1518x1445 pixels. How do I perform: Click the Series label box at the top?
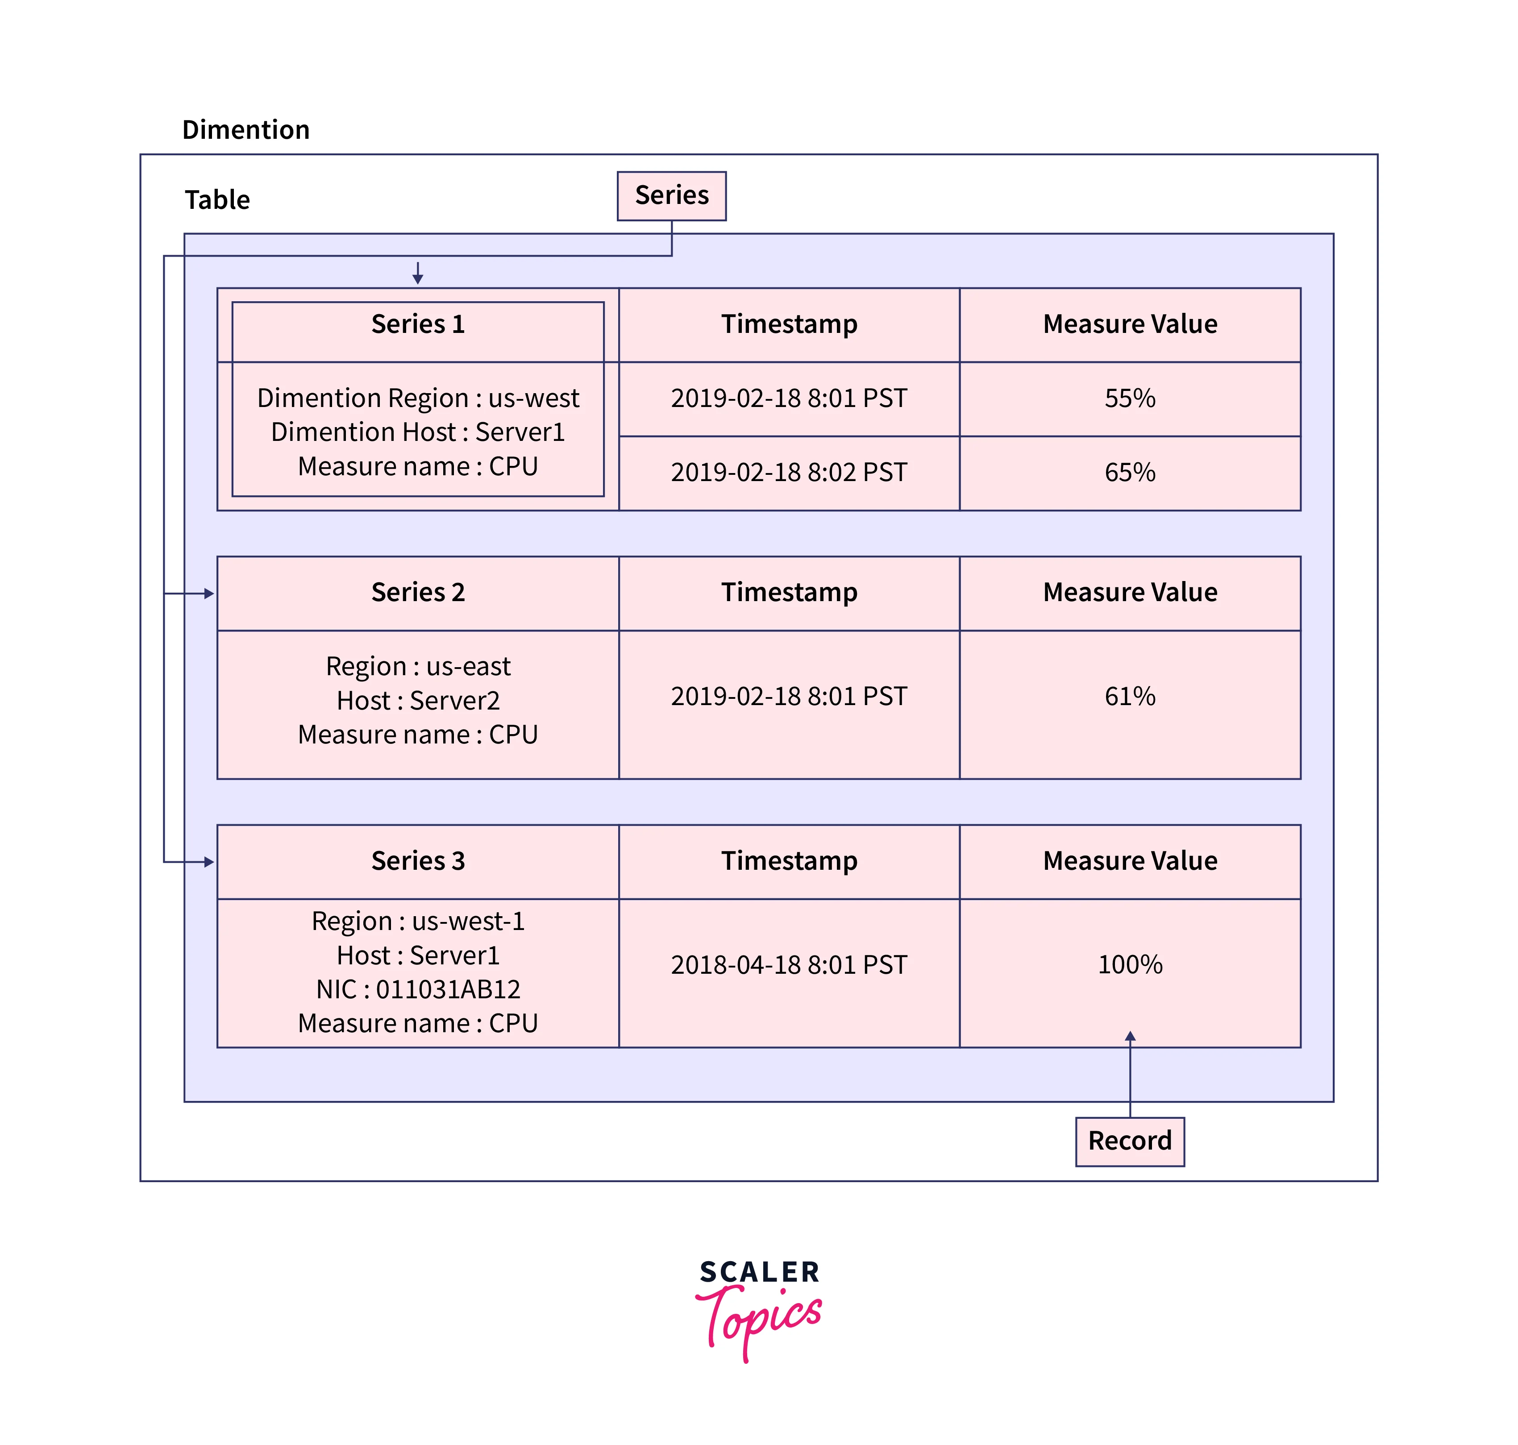click(671, 195)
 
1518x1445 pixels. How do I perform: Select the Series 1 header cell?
click(418, 324)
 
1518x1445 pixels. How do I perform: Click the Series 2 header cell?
click(418, 592)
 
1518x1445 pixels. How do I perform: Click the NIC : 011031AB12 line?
click(418, 989)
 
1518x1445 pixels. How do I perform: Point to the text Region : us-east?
click(418, 666)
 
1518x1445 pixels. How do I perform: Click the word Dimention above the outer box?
click(246, 129)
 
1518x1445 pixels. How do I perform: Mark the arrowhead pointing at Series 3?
click(209, 862)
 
